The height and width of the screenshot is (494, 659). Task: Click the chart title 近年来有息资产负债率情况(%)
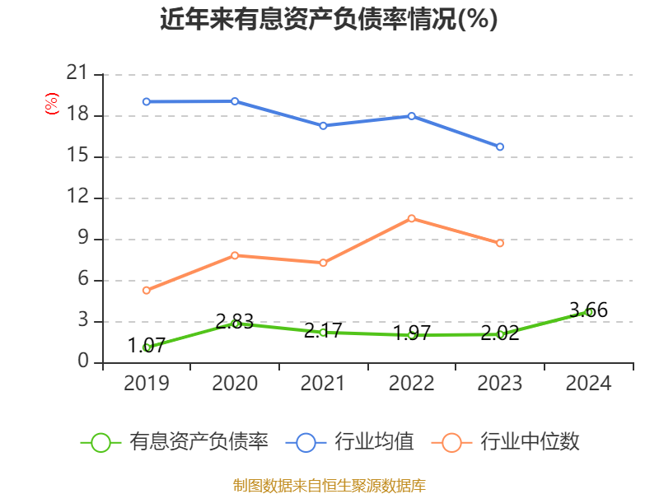[329, 19]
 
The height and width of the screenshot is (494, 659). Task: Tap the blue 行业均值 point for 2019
[146, 101]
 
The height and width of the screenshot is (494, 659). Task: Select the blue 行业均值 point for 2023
[500, 147]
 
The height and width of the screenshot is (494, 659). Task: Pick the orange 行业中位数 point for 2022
[412, 218]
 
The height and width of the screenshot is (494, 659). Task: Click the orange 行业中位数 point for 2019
[146, 290]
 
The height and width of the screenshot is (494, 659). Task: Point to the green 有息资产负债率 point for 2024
[588, 312]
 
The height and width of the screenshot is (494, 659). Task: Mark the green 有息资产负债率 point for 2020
[235, 324]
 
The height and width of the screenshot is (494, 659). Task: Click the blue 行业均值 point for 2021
[323, 125]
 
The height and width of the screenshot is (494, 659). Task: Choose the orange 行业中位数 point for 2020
[235, 255]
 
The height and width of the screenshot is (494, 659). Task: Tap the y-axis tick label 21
[77, 74]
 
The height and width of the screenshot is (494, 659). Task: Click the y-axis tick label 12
[77, 198]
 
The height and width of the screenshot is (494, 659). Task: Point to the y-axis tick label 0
[83, 362]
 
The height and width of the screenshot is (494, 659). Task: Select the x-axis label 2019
[146, 383]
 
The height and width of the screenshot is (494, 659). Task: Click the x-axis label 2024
[588, 383]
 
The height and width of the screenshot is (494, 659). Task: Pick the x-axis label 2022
[412, 383]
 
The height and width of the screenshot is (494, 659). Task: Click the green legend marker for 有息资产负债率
[100, 442]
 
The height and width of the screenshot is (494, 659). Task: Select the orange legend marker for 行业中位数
[451, 442]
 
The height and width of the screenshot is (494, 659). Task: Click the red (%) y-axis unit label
[52, 105]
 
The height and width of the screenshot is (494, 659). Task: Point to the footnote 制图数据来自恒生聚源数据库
[329, 485]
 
